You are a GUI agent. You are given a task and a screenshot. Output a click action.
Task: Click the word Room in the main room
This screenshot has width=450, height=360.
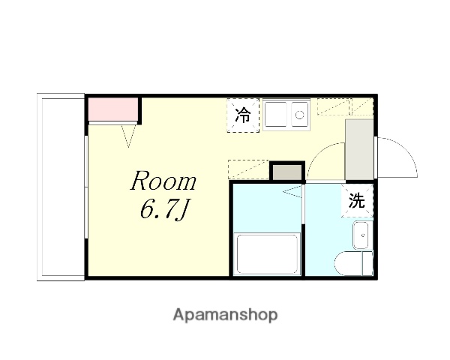(x=164, y=181)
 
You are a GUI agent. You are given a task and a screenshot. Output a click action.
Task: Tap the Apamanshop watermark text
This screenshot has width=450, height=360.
(x=225, y=315)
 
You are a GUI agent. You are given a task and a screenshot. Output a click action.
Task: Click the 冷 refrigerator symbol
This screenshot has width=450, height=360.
(x=243, y=115)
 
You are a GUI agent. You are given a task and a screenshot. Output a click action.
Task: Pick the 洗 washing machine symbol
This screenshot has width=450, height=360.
(x=358, y=201)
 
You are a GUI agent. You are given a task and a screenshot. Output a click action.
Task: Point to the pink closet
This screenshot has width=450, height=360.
(x=112, y=109)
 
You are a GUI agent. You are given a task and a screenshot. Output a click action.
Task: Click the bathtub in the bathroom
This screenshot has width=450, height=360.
(x=268, y=254)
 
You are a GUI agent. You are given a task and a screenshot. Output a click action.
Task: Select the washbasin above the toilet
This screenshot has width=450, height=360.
(x=361, y=235)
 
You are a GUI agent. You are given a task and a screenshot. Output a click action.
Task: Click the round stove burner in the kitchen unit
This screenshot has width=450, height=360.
(x=299, y=115)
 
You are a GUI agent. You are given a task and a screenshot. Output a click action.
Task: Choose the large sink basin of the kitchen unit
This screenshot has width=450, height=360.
(x=275, y=115)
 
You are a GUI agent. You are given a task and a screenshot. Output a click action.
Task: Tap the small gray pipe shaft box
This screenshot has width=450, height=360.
(x=286, y=172)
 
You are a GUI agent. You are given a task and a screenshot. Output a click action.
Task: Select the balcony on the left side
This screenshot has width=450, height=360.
(x=61, y=187)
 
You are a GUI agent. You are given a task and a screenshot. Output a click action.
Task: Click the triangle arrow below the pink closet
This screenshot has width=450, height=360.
(x=128, y=134)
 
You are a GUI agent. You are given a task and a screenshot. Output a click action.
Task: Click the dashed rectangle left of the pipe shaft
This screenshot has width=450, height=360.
(x=247, y=170)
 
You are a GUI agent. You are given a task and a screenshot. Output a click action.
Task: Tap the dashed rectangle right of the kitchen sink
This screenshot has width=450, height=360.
(x=333, y=106)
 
